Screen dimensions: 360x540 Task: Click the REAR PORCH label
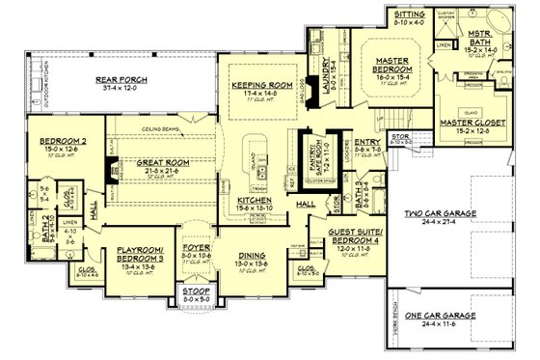coord(120,79)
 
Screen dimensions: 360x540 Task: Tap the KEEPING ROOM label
coord(255,85)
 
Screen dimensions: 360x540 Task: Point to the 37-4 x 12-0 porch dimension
coord(120,89)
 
